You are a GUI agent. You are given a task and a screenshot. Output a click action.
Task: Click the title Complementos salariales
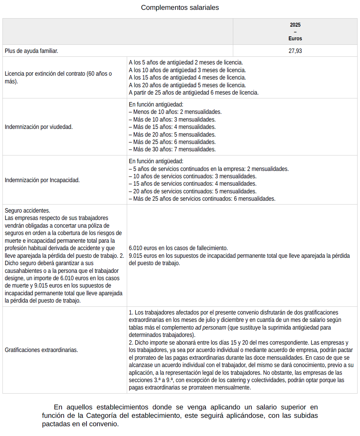(180, 7)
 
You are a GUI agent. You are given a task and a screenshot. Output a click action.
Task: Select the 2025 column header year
(295, 25)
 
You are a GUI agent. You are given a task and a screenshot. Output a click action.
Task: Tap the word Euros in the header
(295, 39)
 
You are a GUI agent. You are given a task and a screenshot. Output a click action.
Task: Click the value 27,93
(295, 51)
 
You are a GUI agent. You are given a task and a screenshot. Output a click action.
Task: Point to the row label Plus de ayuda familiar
(32, 51)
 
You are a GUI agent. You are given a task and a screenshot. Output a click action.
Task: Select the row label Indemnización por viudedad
(39, 127)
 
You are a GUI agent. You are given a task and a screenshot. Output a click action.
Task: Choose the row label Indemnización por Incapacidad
(42, 180)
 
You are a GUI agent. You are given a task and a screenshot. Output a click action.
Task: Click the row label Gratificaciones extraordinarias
(41, 350)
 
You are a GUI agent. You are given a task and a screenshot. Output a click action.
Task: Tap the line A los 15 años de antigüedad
(187, 77)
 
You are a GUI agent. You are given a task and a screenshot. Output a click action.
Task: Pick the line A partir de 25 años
(194, 92)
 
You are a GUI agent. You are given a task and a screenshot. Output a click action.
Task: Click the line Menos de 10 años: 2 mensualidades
(175, 112)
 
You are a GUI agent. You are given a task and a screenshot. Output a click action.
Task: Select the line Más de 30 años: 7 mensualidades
(172, 149)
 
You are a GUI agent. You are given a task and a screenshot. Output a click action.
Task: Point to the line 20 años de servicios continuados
(193, 191)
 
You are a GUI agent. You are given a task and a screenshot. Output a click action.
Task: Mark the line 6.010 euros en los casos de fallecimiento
(178, 248)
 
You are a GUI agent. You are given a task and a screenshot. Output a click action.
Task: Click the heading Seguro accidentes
(27, 210)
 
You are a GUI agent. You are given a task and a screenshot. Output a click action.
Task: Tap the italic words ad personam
(210, 327)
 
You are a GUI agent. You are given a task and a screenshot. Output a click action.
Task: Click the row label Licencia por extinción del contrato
(58, 74)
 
